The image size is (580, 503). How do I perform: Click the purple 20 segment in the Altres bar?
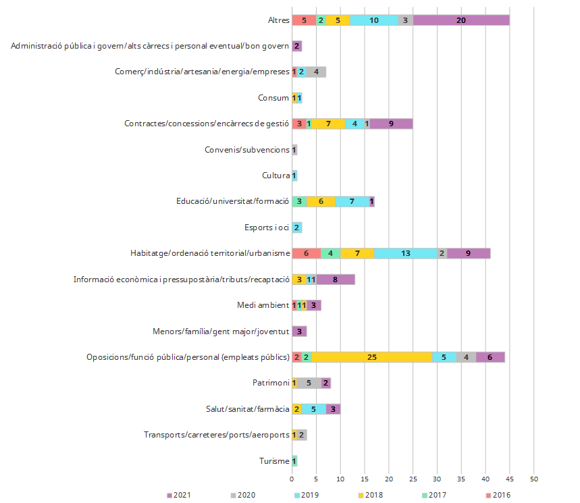pos(461,20)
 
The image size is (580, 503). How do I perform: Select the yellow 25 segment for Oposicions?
pos(371,357)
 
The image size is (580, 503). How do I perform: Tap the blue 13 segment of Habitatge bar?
pos(405,253)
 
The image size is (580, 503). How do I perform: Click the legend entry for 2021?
pos(178,495)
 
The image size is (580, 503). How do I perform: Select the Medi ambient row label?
pos(263,305)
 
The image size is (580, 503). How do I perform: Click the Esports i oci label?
pos(267,228)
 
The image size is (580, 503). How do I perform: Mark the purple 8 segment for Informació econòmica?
pos(336,280)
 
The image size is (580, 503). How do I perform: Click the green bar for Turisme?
pos(294,461)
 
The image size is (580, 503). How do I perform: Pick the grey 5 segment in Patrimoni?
pos(309,383)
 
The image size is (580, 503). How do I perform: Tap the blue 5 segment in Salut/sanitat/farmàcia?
pos(313,409)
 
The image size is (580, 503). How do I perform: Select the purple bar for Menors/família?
pos(299,332)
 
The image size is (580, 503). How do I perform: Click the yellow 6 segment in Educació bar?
pos(321,201)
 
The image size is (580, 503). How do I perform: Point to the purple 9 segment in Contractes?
pos(391,124)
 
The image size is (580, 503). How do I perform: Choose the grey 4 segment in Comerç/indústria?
pos(316,72)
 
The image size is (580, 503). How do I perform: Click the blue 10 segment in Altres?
pos(373,20)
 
